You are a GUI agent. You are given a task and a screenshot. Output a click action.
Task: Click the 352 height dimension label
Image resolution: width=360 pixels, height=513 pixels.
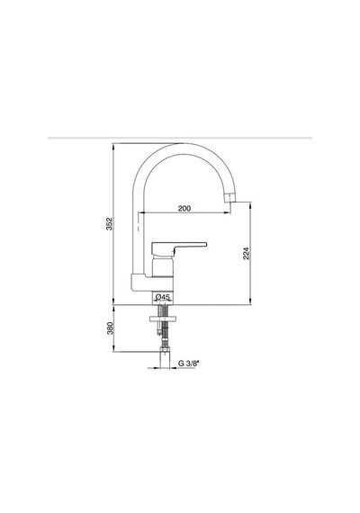pos(109,224)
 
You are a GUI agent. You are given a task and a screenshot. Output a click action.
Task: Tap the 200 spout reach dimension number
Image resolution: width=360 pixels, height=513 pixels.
pos(184,208)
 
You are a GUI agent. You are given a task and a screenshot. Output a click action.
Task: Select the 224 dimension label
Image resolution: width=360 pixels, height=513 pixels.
pos(246,254)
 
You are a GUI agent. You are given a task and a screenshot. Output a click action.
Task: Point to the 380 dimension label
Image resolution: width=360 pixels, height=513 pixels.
pos(110,328)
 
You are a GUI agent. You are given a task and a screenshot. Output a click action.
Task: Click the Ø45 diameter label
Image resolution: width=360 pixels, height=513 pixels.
pos(163,297)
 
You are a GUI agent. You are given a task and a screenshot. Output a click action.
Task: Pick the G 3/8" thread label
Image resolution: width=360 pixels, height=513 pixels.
pos(188,364)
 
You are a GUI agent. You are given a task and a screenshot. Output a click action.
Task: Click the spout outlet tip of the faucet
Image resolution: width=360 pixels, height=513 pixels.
pos(230,198)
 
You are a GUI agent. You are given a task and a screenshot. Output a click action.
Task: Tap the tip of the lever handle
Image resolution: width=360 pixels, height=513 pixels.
pos(205,244)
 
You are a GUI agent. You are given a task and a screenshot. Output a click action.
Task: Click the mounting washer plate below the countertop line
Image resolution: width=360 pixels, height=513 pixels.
pos(163,319)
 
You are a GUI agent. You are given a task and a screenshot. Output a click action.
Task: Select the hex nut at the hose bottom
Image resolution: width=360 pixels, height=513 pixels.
pos(165,349)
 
